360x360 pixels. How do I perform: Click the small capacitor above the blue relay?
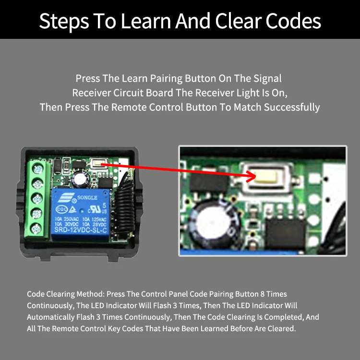click(78, 180)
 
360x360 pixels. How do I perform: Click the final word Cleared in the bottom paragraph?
click(281, 329)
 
